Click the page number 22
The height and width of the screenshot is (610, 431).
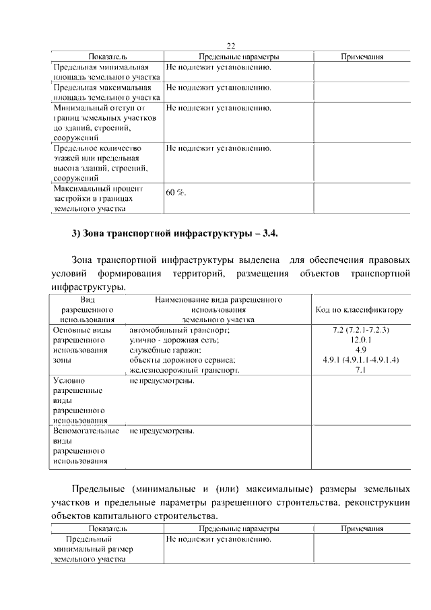(x=230, y=46)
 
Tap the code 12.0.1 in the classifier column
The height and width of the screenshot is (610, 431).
(x=360, y=340)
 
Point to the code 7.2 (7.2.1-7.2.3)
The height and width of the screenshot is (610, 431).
(x=360, y=330)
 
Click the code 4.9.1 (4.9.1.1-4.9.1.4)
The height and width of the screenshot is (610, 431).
(x=360, y=361)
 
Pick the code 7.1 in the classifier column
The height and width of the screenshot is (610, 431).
(x=360, y=371)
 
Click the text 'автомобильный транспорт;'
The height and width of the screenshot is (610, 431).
(x=180, y=330)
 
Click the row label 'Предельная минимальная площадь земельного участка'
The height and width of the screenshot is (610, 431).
(x=106, y=73)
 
